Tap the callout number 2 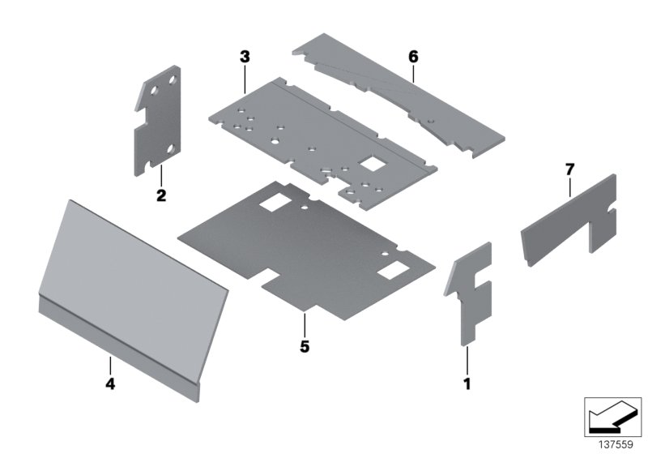click(161, 195)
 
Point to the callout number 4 click(110, 384)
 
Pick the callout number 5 click(304, 346)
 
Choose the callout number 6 click(413, 57)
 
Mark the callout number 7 click(569, 169)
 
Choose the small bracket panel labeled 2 click(158, 122)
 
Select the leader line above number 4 click(110, 366)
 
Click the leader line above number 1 click(467, 358)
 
